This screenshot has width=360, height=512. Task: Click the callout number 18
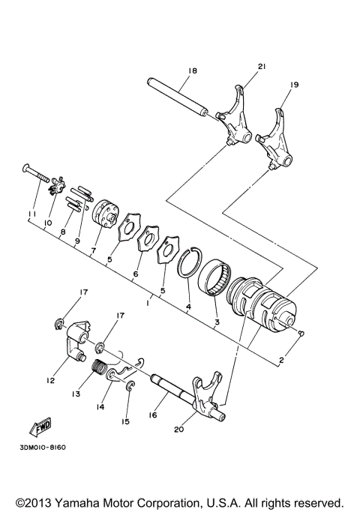click(193, 70)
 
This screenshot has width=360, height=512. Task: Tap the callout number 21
click(262, 67)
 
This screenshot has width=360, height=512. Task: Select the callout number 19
click(294, 85)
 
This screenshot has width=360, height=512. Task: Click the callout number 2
click(282, 360)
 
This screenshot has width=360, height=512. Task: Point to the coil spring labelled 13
click(97, 369)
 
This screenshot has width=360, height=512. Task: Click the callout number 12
click(50, 380)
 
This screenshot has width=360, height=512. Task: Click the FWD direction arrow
click(37, 427)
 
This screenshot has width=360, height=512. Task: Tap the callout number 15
click(125, 421)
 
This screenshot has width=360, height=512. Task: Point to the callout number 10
click(46, 223)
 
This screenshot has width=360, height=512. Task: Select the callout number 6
click(136, 274)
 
